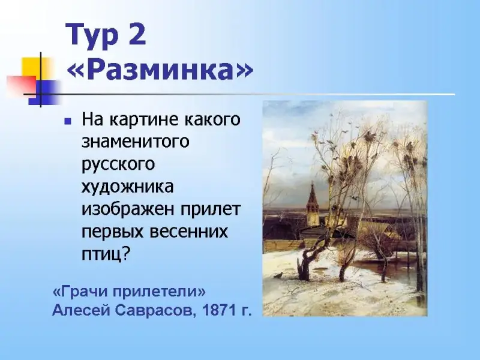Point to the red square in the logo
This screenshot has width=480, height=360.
22,86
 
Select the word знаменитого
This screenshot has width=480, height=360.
136,142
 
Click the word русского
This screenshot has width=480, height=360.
118,164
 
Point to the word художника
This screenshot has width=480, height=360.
127,187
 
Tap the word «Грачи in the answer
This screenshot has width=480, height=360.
81,292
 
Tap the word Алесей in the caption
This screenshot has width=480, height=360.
81,311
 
